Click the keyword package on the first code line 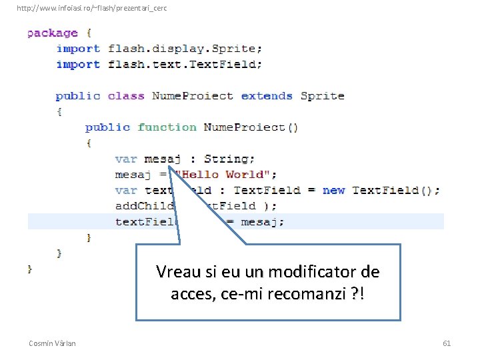click(x=52, y=33)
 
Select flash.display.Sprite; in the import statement click(x=185, y=49)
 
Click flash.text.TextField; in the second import click(x=185, y=65)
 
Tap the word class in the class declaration click(x=126, y=96)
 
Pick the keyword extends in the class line click(x=267, y=96)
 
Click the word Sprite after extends click(x=322, y=96)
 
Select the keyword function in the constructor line click(x=167, y=127)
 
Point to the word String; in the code click(x=229, y=159)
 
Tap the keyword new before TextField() click(x=333, y=190)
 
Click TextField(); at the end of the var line click(x=396, y=190)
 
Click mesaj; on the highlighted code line click(x=262, y=222)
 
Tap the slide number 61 click(x=447, y=343)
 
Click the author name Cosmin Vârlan click(x=52, y=343)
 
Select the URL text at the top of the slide click(x=91, y=8)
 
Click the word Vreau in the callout click(x=177, y=272)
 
